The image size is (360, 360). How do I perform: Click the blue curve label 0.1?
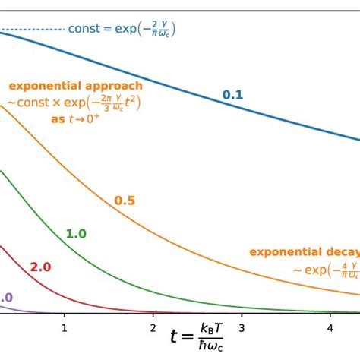click(x=232, y=95)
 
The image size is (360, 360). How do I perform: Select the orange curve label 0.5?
click(x=125, y=201)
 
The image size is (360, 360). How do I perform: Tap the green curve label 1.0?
click(x=76, y=234)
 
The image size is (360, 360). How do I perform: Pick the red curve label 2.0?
click(x=40, y=267)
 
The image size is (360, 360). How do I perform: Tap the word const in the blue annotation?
click(x=84, y=30)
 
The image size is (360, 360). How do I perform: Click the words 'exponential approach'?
click(x=76, y=86)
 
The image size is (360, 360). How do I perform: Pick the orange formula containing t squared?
click(x=76, y=103)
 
